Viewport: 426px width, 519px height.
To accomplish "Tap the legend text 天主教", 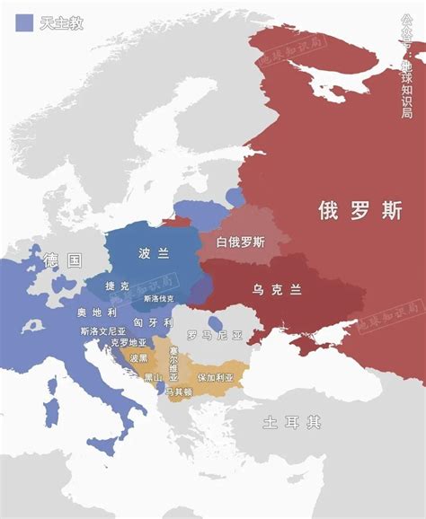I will pos(62,23).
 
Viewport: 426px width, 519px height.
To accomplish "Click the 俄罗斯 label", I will pos(359,211).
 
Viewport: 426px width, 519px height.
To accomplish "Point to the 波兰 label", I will pos(154,254).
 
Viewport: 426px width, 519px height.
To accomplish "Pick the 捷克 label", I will pos(117,286).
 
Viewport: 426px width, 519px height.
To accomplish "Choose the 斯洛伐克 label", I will pos(159,298).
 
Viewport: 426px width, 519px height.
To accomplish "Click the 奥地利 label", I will pos(97,312).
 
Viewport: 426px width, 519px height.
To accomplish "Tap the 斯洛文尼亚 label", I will pos(103,331).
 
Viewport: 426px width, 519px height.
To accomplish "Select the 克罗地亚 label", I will pos(129,343).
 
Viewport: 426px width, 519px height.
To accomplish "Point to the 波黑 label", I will pos(138,358).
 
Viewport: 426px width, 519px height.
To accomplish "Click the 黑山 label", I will pos(153,378).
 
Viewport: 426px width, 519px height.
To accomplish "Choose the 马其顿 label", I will pos(179,392).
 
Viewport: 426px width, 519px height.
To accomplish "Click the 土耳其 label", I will pos(292,422).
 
